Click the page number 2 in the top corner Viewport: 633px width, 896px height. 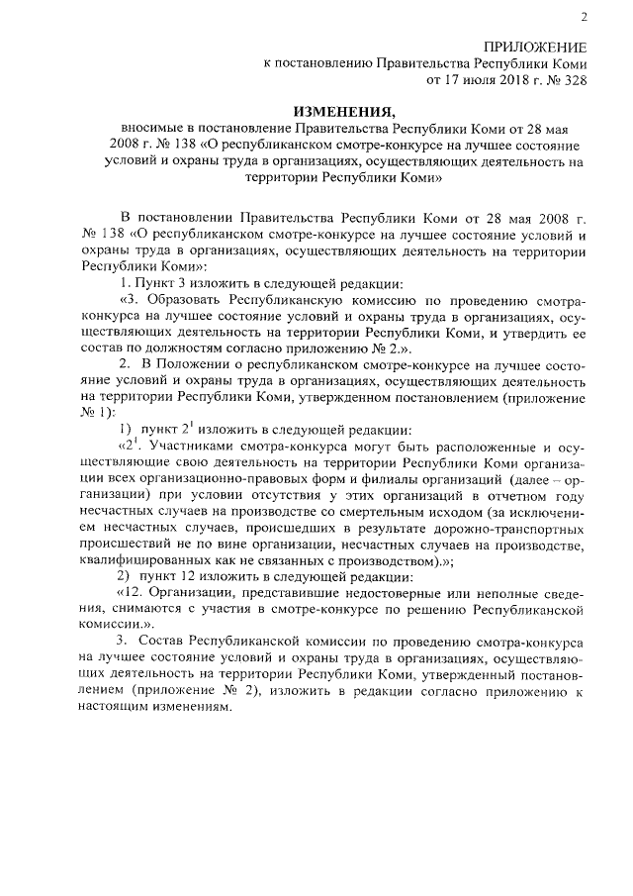click(x=584, y=16)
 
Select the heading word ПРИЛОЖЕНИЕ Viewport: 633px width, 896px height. click(x=534, y=48)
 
